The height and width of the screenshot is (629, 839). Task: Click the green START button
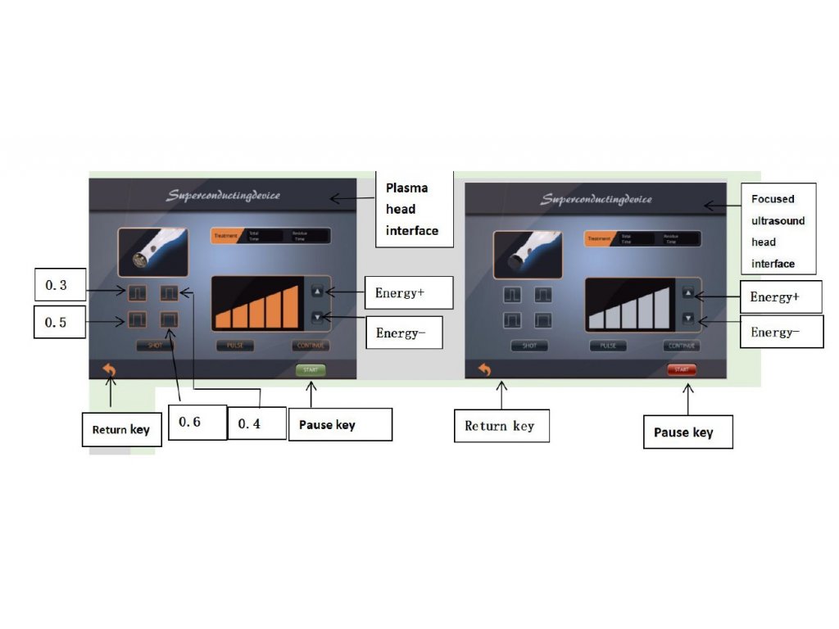click(x=311, y=370)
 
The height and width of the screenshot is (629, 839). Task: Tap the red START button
click(x=682, y=370)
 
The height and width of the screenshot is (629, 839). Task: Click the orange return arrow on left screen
click(x=109, y=370)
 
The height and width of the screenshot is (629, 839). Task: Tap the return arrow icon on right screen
click(x=484, y=369)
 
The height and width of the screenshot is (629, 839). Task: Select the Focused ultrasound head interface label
click(x=778, y=231)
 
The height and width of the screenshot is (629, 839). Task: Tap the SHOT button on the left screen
click(x=155, y=346)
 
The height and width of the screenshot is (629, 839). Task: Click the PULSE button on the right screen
click(x=608, y=346)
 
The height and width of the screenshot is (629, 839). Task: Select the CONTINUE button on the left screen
click(x=311, y=346)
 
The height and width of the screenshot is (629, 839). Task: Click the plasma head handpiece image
click(x=152, y=251)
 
